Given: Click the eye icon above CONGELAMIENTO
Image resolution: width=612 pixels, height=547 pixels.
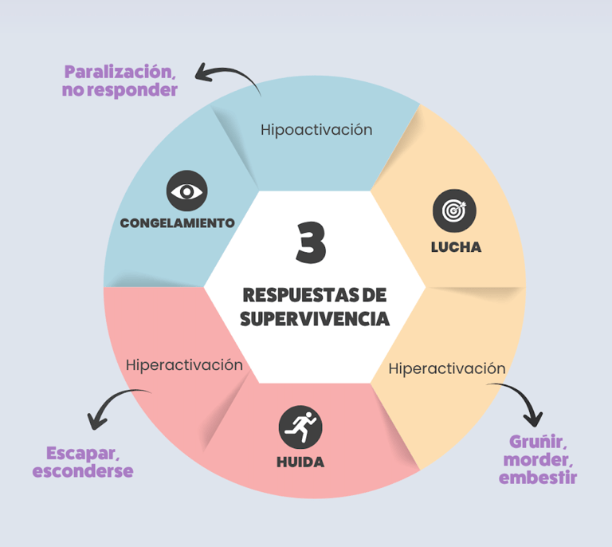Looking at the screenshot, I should click(x=186, y=191).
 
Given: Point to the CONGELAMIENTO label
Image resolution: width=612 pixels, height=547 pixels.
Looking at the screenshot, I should click(x=177, y=222).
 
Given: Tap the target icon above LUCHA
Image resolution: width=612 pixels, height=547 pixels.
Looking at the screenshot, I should click(x=453, y=211).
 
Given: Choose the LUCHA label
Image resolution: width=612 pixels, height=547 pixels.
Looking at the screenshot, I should click(x=456, y=246).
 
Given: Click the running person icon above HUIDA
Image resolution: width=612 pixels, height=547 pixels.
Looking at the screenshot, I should click(x=300, y=427).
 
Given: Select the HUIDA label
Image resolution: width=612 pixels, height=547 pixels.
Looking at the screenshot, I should click(x=300, y=462).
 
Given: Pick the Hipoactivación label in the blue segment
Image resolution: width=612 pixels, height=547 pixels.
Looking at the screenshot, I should click(x=316, y=129).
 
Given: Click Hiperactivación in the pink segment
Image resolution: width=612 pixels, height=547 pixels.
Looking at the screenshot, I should click(x=184, y=364).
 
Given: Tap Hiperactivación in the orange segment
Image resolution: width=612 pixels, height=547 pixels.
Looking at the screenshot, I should click(x=447, y=368).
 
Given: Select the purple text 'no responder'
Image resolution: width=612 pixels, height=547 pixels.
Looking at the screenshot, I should click(x=120, y=90).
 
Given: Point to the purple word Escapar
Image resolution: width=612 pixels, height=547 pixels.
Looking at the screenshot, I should click(x=83, y=452).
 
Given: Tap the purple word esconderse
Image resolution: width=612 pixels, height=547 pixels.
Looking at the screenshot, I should click(x=83, y=471).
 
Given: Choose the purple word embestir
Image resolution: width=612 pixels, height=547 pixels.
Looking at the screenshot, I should click(x=537, y=478).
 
